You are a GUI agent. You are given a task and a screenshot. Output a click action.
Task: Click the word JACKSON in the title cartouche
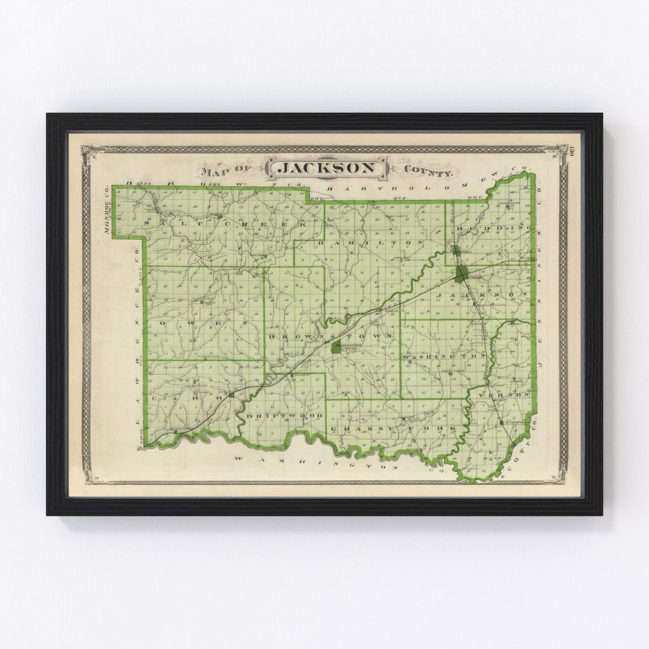(328, 168)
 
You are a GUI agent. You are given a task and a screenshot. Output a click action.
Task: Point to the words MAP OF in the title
(228, 172)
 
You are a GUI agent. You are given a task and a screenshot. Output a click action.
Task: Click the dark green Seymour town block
(461, 274)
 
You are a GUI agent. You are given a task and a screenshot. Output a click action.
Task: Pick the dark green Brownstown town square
(335, 347)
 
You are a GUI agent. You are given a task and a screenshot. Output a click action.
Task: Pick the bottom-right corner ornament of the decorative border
(562, 478)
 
